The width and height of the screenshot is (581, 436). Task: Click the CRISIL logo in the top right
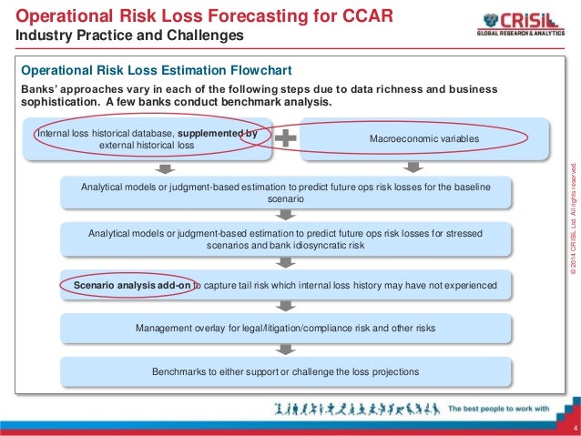point(520,25)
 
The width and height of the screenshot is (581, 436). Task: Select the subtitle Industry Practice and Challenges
point(130,35)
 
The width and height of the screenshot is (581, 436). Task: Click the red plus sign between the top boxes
point(285,138)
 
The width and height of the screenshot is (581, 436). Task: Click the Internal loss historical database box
point(146,139)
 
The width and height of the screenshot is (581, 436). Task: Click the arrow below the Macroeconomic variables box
point(413,167)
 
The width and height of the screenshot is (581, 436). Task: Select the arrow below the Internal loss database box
point(161,167)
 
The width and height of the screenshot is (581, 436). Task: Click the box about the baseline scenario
point(286,191)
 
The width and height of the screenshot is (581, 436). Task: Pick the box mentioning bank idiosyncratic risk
point(286,239)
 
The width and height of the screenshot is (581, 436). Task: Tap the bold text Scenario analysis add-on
point(131,286)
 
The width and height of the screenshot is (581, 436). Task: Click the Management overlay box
point(286,328)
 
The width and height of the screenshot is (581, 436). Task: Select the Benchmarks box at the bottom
point(286,371)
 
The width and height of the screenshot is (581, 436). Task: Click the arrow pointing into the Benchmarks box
point(286,350)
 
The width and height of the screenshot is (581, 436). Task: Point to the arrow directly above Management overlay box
point(286,307)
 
